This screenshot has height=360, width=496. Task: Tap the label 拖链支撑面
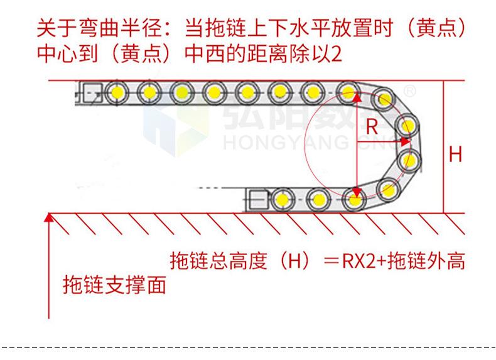(x=115, y=286)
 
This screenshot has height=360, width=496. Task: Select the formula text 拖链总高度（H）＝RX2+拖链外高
(x=318, y=260)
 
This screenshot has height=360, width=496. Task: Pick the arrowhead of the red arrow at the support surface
(x=49, y=217)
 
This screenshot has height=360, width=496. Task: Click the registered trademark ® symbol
(x=409, y=92)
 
